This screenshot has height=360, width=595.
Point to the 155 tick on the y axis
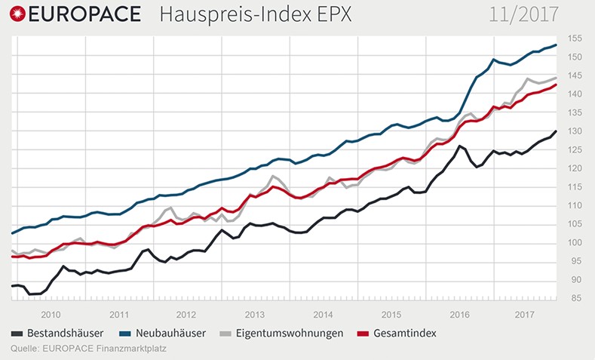pos(575,38)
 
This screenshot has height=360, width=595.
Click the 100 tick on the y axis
pos(575,242)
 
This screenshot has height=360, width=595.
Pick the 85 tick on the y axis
pos(575,298)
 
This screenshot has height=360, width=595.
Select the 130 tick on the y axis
pos(575,131)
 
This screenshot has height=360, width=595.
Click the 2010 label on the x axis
pos(51,314)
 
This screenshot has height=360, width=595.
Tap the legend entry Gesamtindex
pos(408,333)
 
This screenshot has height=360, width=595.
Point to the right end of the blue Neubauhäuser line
pos(557,45)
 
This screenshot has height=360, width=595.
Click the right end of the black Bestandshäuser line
pos(557,131)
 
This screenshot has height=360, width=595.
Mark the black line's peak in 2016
pos(459,146)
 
